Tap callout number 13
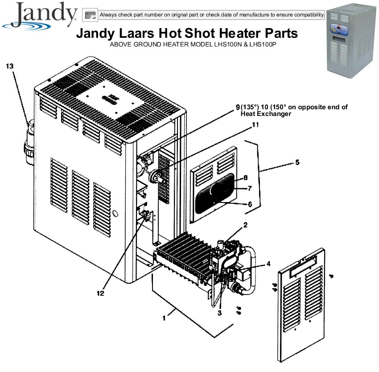10,66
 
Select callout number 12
100,293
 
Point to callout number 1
165,318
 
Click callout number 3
219,313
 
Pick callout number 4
268,264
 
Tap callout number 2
246,225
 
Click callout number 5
297,162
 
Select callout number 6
250,204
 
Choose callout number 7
250,188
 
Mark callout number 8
246,178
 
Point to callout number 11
255,125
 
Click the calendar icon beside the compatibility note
90,15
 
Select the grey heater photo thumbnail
351,41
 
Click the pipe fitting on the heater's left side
29,143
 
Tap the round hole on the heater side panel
115,213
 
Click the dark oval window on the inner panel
215,193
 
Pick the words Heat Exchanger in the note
266,114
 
